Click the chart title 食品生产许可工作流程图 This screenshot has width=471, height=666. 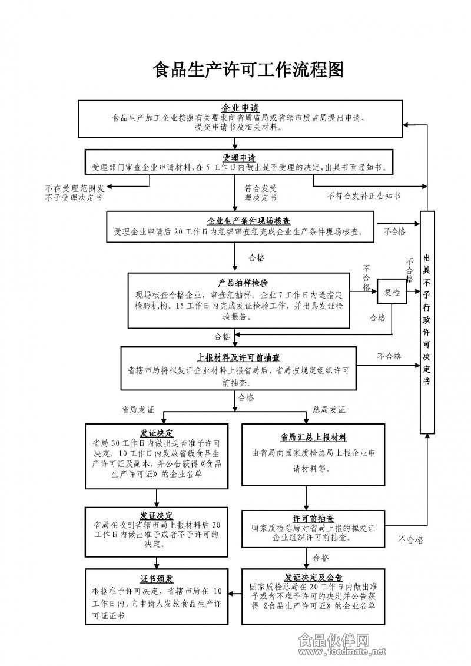pos(248,70)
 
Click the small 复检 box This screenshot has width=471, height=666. pos(392,291)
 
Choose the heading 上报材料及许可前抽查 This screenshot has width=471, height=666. pos(238,357)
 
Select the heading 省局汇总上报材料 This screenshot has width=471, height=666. pos(313,438)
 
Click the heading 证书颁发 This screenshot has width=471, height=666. pos(157,578)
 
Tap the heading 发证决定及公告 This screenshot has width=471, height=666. pos(313,577)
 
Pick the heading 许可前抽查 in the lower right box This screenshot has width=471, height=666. pos(314,519)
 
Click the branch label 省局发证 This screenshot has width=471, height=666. pos(138,409)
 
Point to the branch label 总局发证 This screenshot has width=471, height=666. pos(329,409)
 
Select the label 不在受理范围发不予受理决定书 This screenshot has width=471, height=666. pos(75,193)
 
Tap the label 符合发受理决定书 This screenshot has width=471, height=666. pos(260,193)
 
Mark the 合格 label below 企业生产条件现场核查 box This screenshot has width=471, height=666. pos(257,257)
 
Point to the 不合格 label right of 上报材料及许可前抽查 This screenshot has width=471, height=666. pos(389,356)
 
